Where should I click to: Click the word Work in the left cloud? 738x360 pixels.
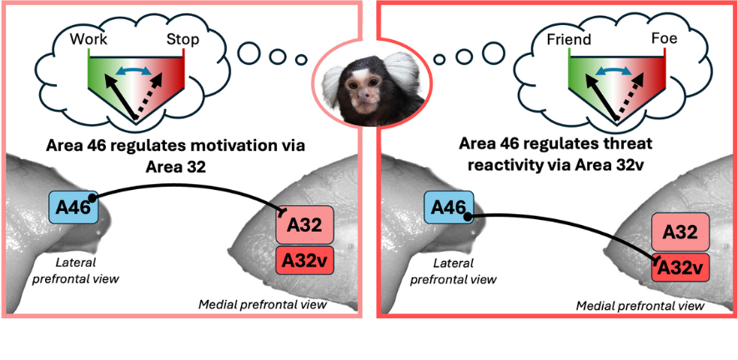pos(88,39)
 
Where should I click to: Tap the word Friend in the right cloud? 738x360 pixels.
pos(569,39)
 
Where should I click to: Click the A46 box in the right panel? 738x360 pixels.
pos(449,206)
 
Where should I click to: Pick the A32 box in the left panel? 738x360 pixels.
pos(304,223)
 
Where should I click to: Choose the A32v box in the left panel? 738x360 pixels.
pos(304,260)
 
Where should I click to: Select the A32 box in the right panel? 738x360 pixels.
pos(680,231)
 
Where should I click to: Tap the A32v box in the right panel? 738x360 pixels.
pos(680,267)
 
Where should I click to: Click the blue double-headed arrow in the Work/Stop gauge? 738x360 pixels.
pos(136,72)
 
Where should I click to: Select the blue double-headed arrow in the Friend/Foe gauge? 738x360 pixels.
pos(616,72)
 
